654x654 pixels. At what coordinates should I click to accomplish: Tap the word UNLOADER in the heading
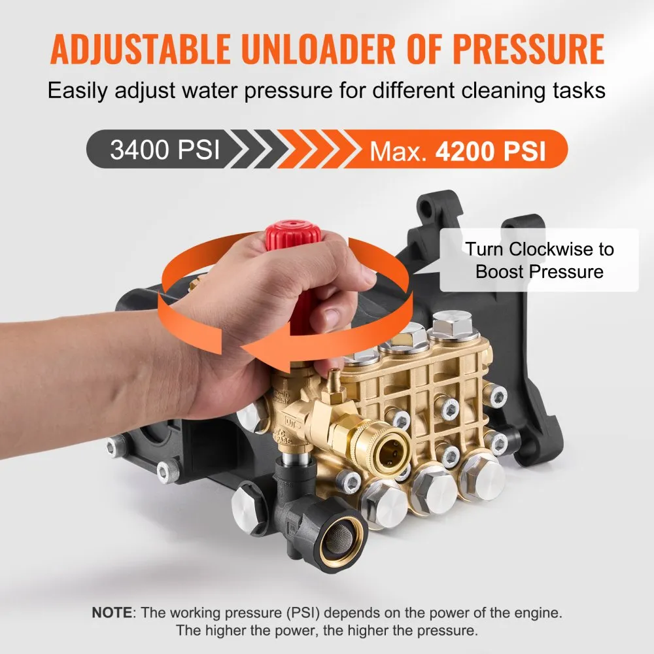[318, 48]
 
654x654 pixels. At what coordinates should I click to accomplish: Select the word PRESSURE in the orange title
[529, 48]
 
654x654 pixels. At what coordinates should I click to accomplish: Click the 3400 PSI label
[165, 149]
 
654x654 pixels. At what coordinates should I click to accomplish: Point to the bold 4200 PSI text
[490, 150]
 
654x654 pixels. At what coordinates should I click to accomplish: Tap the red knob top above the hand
[293, 235]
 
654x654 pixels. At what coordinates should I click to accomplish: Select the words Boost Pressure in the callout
[540, 272]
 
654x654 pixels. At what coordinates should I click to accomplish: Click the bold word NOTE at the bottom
[112, 613]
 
